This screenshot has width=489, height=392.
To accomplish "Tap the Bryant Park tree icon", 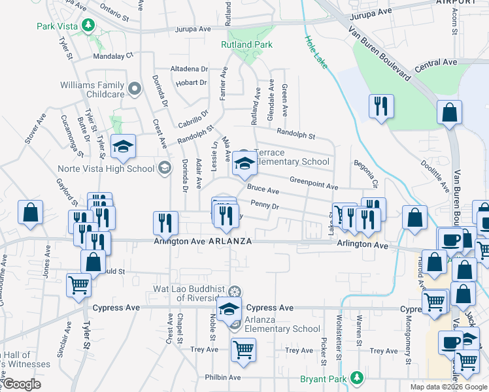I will (357, 378).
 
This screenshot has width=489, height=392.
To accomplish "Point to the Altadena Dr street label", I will (189, 68).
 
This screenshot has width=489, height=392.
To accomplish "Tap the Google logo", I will (22, 384).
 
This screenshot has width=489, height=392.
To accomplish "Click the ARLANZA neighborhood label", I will (230, 241).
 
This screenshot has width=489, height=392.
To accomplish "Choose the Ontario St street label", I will (118, 10).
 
